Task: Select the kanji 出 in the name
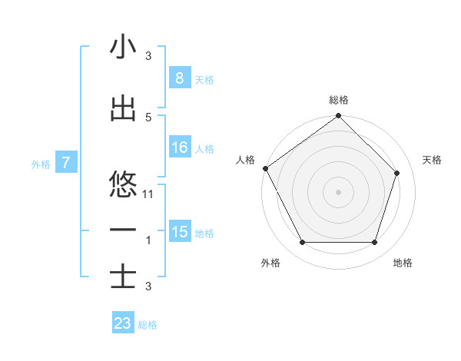pyautogui.click(x=123, y=108)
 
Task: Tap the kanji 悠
pyautogui.click(x=123, y=185)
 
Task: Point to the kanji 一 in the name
pyautogui.click(x=123, y=230)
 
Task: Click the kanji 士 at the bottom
pyautogui.click(x=123, y=277)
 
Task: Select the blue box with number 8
pyautogui.click(x=179, y=78)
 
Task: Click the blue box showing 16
pyautogui.click(x=179, y=147)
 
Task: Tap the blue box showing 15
pyautogui.click(x=179, y=232)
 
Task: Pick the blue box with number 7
pyautogui.click(x=66, y=163)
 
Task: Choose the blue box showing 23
pyautogui.click(x=123, y=323)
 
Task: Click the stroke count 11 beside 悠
pyautogui.click(x=149, y=194)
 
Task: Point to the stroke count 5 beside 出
pyautogui.click(x=148, y=117)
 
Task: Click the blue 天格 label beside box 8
pyautogui.click(x=204, y=79)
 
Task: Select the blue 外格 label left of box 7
pyautogui.click(x=41, y=164)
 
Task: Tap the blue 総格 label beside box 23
pyautogui.click(x=148, y=325)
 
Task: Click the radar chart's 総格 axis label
pyautogui.click(x=339, y=101)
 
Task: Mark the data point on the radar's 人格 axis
pyautogui.click(x=265, y=168)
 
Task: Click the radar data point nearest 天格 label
pyautogui.click(x=397, y=173)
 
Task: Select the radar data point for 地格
pyautogui.click(x=374, y=243)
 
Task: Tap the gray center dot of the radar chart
pyautogui.click(x=338, y=191)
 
